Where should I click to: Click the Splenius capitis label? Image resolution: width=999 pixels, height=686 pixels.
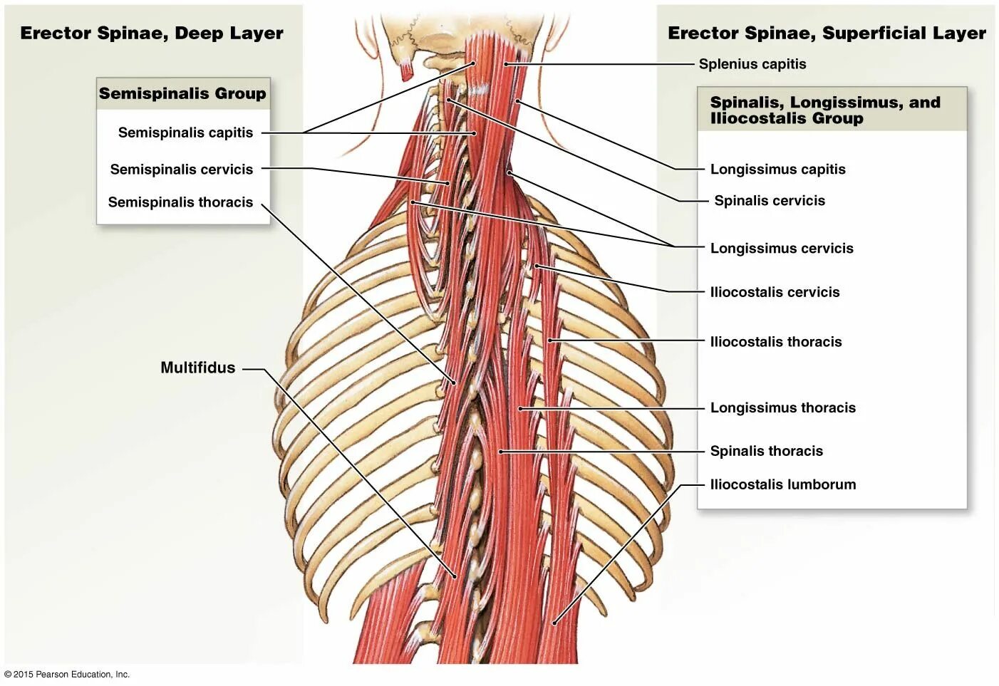(752, 64)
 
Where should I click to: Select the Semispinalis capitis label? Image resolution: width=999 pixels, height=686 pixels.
(185, 132)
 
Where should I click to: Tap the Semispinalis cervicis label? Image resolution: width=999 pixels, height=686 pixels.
(181, 170)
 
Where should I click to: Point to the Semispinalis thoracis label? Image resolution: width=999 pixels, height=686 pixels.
(180, 202)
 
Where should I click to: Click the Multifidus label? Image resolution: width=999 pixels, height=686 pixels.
(197, 368)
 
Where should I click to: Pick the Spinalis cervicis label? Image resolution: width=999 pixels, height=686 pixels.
(770, 201)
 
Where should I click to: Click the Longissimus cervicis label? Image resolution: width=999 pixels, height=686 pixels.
(782, 249)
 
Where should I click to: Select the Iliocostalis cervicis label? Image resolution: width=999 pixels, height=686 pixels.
(775, 292)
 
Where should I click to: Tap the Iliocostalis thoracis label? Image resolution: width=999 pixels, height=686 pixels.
(776, 342)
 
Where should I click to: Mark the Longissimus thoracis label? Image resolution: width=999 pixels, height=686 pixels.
(782, 408)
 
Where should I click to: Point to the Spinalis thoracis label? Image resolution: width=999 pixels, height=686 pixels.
(766, 451)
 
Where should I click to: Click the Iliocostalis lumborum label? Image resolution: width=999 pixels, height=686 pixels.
(783, 484)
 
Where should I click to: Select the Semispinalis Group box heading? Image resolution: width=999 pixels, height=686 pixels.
(182, 93)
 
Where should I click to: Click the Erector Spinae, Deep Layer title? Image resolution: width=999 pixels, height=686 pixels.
(152, 33)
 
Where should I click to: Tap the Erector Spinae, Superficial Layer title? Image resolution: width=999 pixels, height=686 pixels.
(827, 33)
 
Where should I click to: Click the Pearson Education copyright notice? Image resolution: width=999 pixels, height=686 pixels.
(67, 674)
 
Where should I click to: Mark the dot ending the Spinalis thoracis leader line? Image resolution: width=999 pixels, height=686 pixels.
(501, 452)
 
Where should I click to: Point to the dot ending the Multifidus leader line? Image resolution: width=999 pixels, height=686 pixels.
(455, 576)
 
